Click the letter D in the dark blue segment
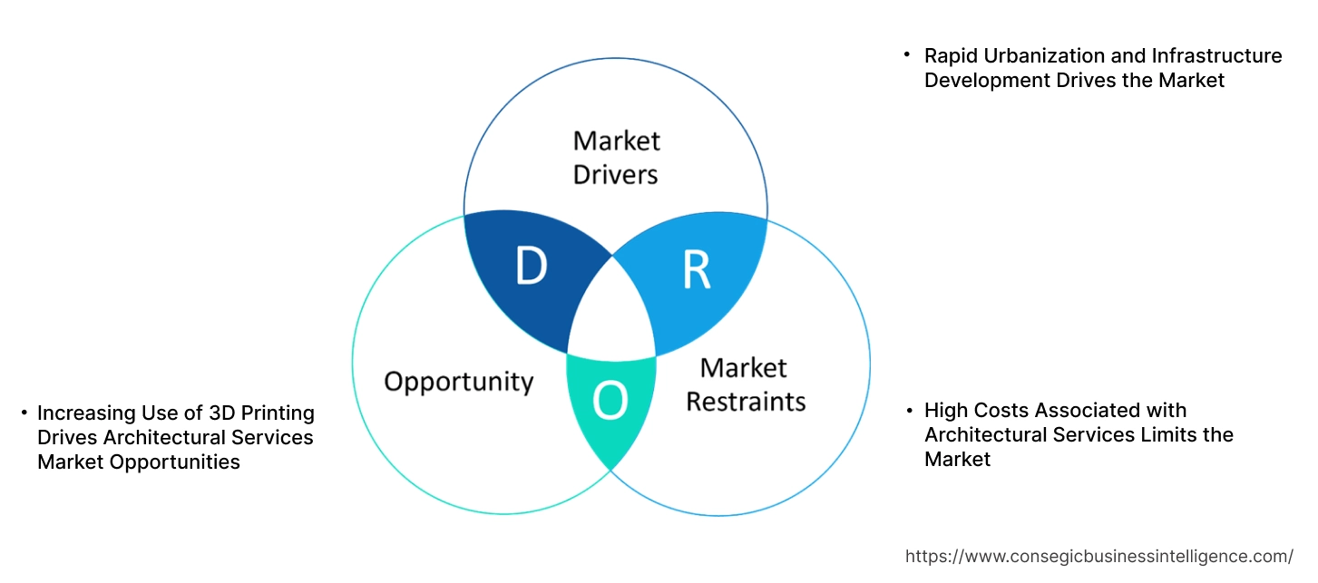point(531,267)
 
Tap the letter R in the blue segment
point(697,271)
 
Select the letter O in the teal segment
point(610,403)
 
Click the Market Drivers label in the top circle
point(616,157)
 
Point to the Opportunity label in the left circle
point(458,381)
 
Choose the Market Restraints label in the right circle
point(745,384)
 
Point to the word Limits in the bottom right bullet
point(1168,435)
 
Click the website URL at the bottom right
point(1099,556)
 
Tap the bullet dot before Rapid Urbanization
point(906,55)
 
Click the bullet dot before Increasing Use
point(24,413)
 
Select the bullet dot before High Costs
point(909,411)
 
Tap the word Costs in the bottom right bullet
point(1004,411)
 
